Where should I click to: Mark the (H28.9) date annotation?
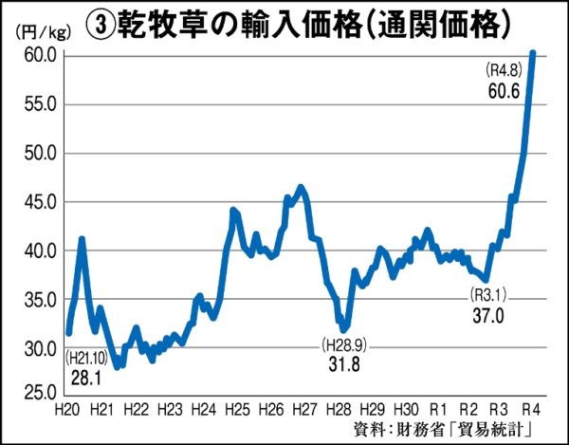(342, 343)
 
